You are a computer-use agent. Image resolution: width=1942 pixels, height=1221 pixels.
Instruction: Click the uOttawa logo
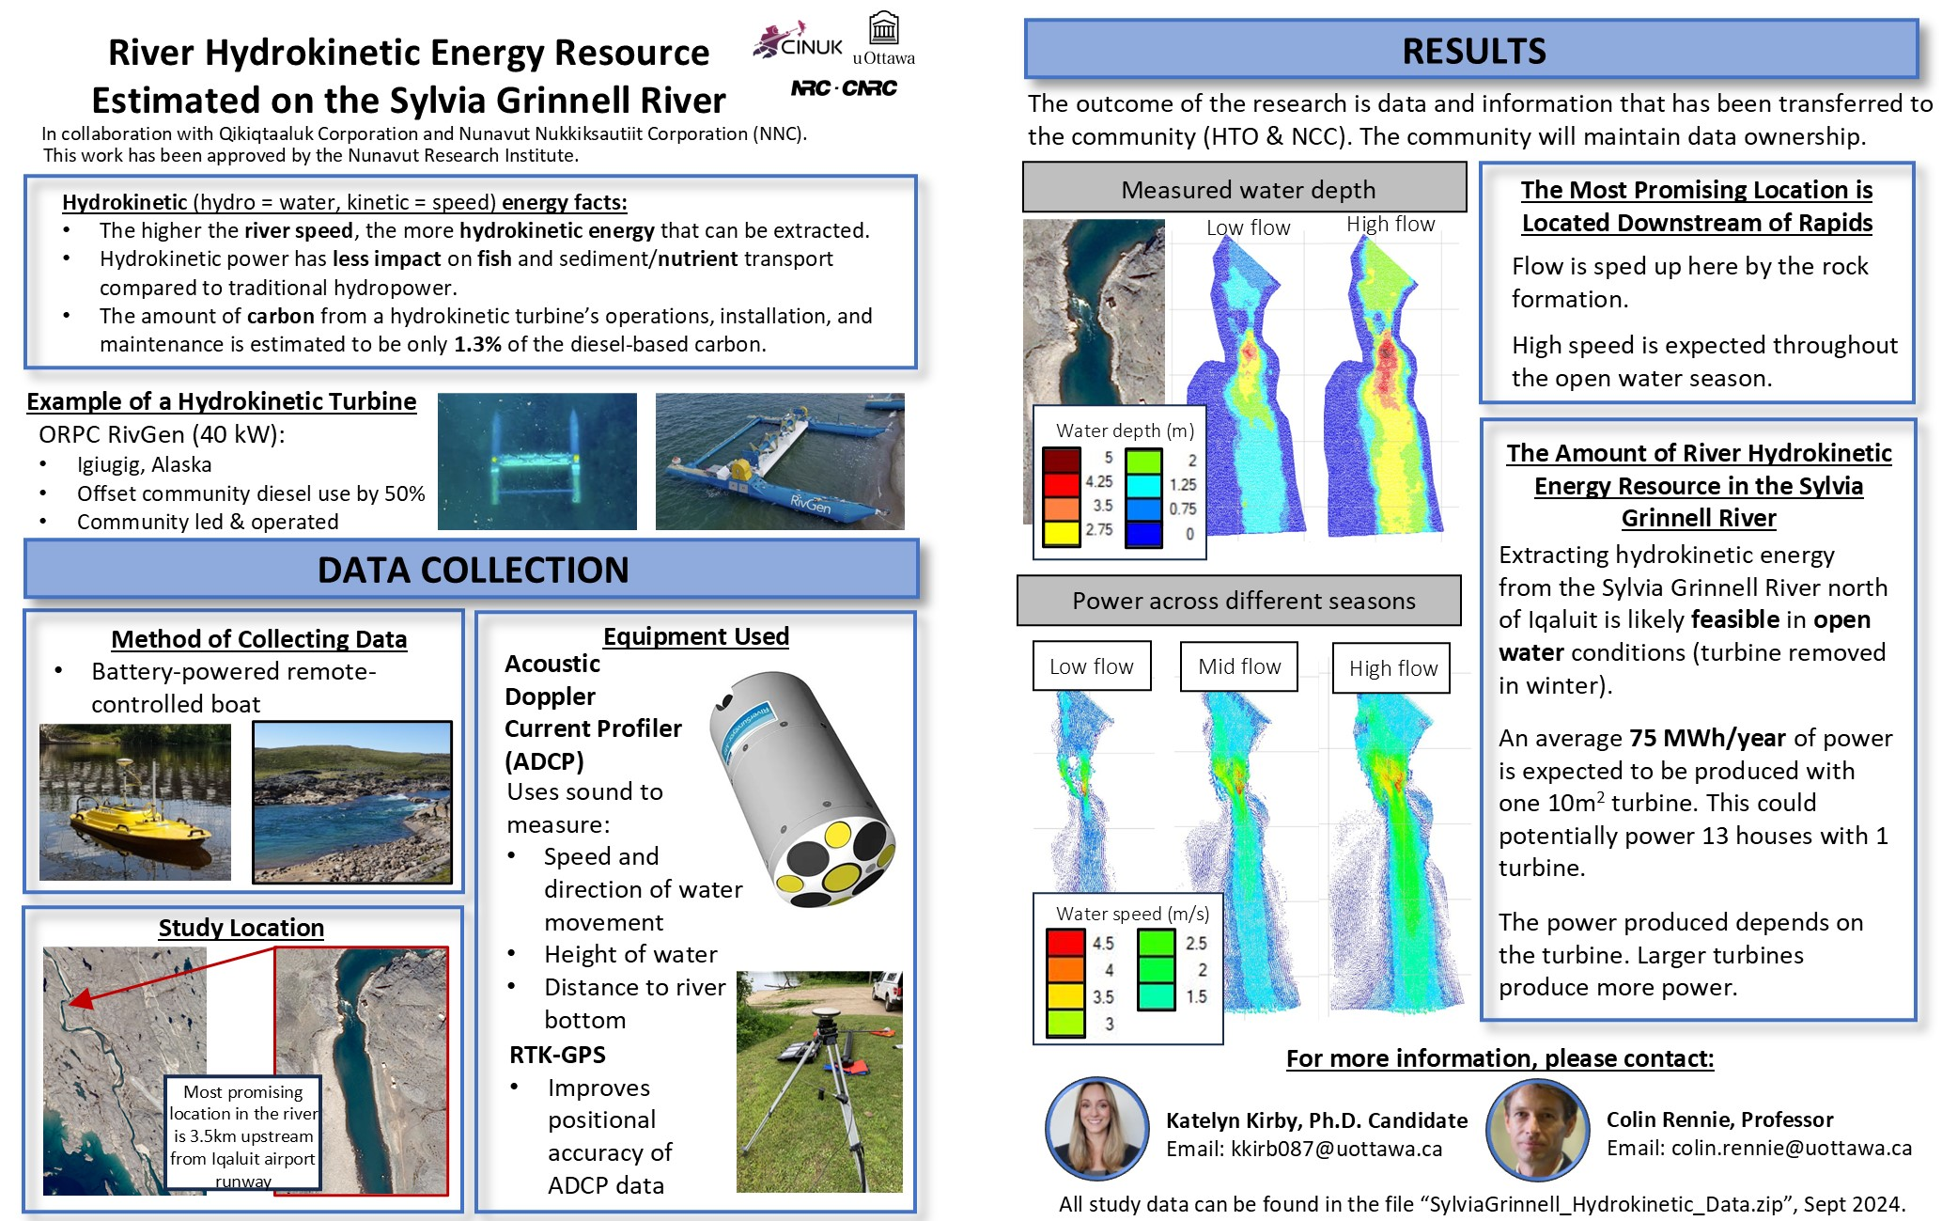883,39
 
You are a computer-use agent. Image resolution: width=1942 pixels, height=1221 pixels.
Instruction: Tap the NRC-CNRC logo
844,88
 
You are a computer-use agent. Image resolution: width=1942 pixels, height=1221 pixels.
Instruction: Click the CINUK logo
798,40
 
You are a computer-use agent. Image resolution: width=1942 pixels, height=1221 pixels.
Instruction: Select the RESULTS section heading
1471,50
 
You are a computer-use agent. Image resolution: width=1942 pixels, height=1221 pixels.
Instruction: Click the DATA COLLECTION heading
472,570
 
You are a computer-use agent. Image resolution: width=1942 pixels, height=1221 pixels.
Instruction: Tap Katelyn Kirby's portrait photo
1096,1129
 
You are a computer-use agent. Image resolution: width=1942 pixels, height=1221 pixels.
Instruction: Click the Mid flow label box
1239,666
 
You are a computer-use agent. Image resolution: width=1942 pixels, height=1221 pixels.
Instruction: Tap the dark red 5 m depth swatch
1061,460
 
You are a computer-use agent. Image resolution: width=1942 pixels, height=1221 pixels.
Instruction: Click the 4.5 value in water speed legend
1103,943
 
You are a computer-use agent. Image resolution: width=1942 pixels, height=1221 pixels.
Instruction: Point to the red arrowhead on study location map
81,998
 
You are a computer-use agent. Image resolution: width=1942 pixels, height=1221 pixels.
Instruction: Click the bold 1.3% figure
477,345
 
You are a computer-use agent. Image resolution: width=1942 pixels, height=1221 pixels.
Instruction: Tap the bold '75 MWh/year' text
1707,738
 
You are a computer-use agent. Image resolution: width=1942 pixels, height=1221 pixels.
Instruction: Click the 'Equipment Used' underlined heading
696,636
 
